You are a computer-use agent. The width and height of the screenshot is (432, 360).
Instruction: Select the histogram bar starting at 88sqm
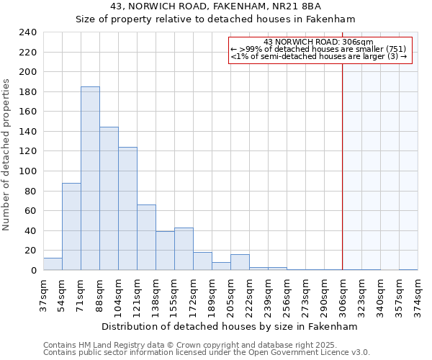pyautogui.click(x=109, y=198)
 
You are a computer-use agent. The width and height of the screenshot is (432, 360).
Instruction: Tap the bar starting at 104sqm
pyautogui.click(x=127, y=209)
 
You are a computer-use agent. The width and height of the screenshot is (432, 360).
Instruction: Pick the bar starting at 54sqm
pyautogui.click(x=71, y=227)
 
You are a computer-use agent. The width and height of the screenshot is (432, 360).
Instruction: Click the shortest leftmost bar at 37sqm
pyautogui.click(x=53, y=264)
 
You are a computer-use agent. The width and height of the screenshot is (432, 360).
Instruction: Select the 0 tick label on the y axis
pyautogui.click(x=33, y=271)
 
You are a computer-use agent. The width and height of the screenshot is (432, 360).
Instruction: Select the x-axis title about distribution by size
pyautogui.click(x=230, y=326)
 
